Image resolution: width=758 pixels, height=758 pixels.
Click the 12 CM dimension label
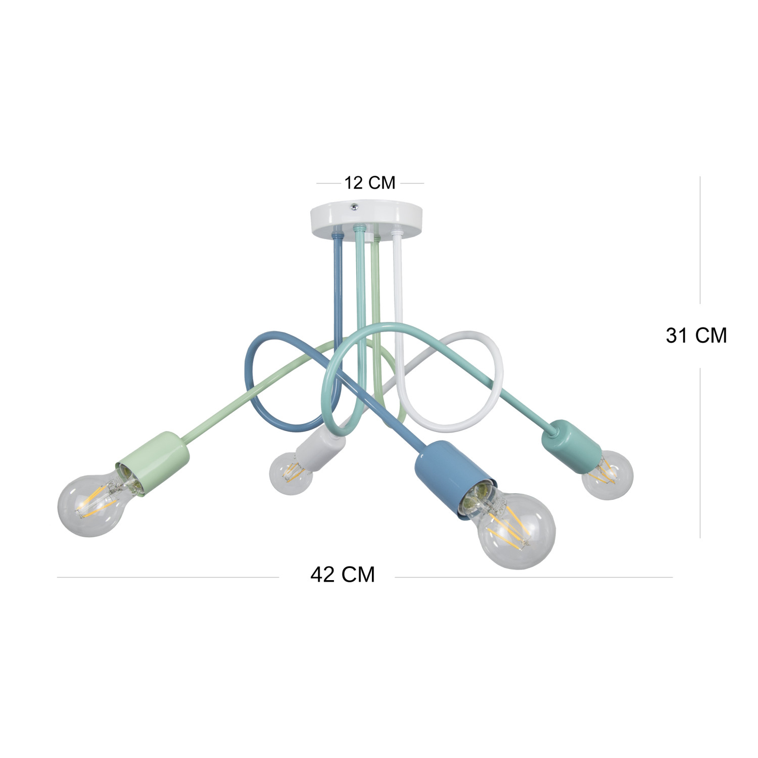tap(369, 182)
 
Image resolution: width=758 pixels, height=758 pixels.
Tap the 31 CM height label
tap(696, 336)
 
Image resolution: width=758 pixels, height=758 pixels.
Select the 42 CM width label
tap(343, 575)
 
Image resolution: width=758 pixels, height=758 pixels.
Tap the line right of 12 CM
tap(410, 183)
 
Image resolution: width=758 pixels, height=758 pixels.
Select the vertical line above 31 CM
tap(700, 240)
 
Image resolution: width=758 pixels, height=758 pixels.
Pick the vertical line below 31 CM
tap(700, 452)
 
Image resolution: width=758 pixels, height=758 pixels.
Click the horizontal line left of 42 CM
tap(167, 577)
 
